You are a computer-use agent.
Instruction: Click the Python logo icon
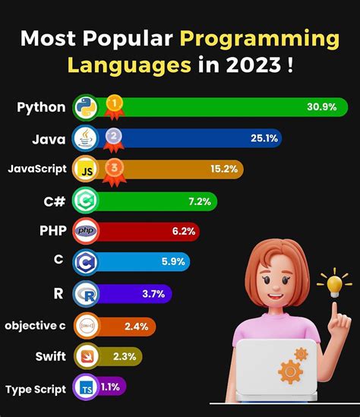pyautogui.click(x=84, y=108)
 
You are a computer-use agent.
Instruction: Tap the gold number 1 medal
pyautogui.click(x=112, y=103)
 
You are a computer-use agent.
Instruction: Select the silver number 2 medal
pyautogui.click(x=112, y=136)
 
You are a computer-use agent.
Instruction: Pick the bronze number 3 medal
pyautogui.click(x=112, y=167)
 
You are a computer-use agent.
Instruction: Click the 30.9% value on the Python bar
pyautogui.click(x=321, y=108)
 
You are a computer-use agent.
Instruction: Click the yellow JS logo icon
pyautogui.click(x=84, y=170)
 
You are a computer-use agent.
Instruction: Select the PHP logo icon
pyautogui.click(x=84, y=231)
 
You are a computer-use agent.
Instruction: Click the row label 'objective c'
pyautogui.click(x=36, y=326)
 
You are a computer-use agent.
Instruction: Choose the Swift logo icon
pyautogui.click(x=84, y=355)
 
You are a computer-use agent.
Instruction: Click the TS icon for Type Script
pyautogui.click(x=84, y=388)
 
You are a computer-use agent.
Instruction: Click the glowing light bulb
pyautogui.click(x=334, y=284)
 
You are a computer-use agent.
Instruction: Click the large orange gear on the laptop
pyautogui.click(x=289, y=372)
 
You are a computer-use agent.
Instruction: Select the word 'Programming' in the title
pyautogui.click(x=259, y=37)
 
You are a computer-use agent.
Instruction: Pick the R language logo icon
pyautogui.click(x=84, y=294)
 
